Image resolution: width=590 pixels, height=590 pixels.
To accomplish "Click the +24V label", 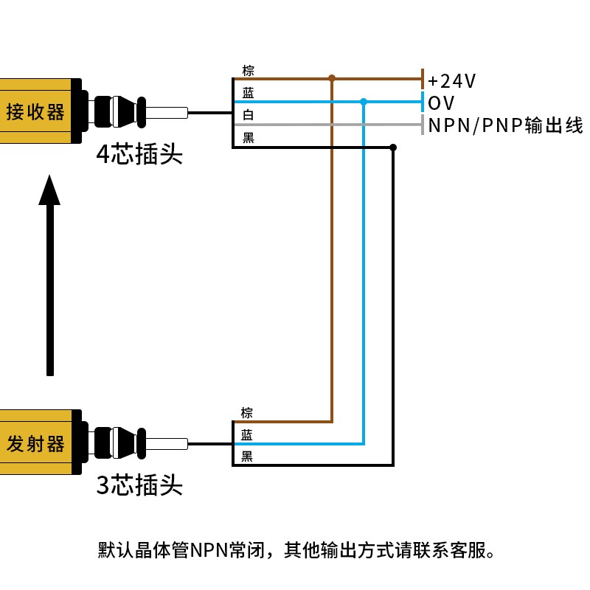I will tap(452, 80).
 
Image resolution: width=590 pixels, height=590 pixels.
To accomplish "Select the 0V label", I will tap(441, 103).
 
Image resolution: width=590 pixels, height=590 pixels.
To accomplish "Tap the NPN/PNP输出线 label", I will tap(505, 125).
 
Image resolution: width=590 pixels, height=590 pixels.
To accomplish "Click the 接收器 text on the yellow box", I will tap(35, 113).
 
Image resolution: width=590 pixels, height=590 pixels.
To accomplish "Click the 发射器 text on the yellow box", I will tap(35, 444).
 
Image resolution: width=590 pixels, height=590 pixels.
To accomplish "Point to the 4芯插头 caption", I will tap(139, 155).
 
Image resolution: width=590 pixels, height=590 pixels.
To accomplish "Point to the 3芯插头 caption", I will tap(139, 485).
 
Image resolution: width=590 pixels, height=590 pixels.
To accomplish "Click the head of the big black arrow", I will tap(49, 190).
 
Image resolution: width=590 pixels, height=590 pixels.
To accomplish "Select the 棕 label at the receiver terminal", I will tap(248, 71).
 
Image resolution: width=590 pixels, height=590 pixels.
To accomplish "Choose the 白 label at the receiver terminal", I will tap(248, 115).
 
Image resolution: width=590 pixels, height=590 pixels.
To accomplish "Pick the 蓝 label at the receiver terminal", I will tap(248, 93).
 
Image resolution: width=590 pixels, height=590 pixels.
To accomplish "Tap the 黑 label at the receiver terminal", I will tap(248, 137).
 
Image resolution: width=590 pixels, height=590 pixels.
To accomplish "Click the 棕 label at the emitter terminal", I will tap(246, 413).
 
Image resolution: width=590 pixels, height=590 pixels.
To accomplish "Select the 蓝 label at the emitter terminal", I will tap(246, 435).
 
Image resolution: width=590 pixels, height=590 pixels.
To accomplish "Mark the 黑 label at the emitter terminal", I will tap(246, 457).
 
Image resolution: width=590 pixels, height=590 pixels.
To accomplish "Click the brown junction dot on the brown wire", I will tap(332, 77).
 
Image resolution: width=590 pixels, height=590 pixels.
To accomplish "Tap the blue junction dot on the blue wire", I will tap(363, 102).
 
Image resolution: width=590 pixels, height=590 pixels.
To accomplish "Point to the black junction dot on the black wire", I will tap(393, 147).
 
